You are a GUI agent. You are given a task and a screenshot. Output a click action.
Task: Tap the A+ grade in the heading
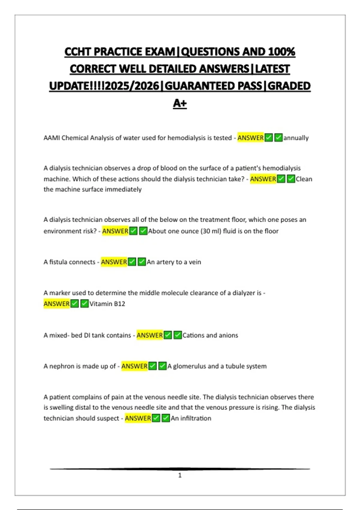[180, 103]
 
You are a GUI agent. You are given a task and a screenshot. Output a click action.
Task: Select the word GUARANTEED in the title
[213, 86]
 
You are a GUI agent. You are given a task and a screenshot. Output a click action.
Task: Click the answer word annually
[296, 138]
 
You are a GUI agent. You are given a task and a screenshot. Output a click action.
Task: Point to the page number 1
[180, 475]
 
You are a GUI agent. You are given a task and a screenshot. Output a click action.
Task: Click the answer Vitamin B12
[107, 304]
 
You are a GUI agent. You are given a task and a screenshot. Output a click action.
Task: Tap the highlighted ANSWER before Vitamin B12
[57, 304]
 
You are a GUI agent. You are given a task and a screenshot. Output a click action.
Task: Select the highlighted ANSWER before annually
[250, 138]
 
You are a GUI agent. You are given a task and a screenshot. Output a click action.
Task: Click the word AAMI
[52, 138]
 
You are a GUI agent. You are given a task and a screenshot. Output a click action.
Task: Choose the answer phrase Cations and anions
[210, 335]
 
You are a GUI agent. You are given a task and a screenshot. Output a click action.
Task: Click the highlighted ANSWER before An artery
[114, 262]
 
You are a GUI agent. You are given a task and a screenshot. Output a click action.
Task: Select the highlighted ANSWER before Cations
[150, 335]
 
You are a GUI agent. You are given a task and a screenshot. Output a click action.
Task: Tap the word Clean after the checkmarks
[304, 179]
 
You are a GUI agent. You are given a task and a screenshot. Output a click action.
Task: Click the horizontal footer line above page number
[180, 469]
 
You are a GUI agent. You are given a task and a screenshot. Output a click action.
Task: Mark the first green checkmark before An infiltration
[156, 418]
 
